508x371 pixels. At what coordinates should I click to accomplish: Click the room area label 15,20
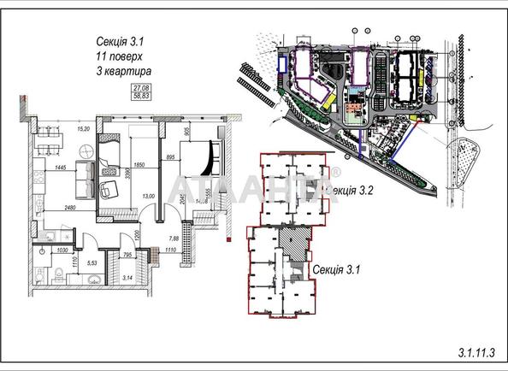click(84, 128)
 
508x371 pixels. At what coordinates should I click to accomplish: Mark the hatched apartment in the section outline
click(295, 246)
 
